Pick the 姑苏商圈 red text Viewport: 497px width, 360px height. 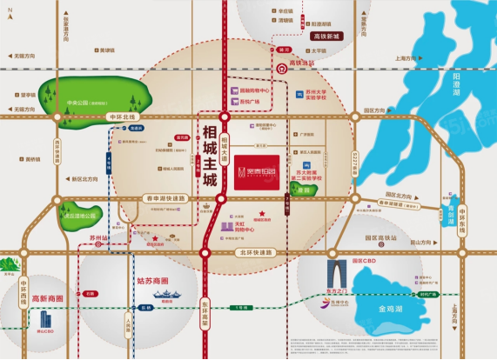[157, 281]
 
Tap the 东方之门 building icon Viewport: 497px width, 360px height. [337, 270]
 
